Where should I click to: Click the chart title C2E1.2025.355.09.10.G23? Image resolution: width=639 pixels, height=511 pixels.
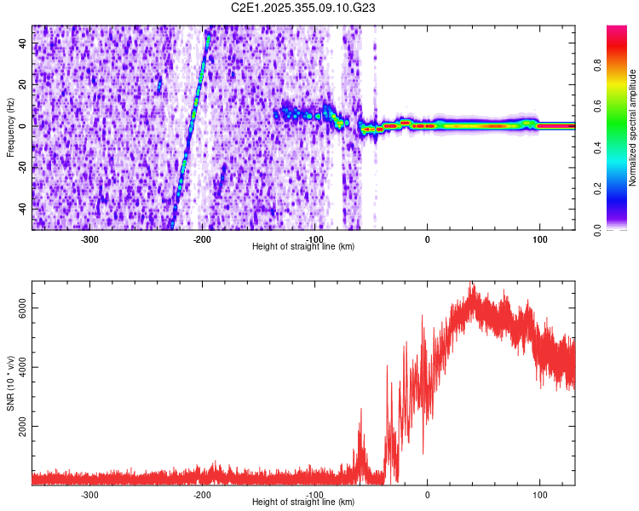tap(304, 8)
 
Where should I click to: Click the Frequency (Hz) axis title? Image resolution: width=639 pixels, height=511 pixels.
tap(10, 127)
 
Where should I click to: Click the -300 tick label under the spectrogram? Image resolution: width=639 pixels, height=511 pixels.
tap(90, 239)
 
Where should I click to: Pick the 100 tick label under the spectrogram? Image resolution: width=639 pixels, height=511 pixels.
tap(539, 239)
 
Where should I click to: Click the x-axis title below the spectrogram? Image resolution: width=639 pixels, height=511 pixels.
tap(303, 247)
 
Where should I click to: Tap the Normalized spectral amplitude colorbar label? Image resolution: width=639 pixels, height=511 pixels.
tap(632, 127)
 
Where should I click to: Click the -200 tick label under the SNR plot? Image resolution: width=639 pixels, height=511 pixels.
tap(202, 495)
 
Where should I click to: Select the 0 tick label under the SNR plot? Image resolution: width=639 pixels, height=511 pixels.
tap(428, 495)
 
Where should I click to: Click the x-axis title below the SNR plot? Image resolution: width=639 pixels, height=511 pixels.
tap(303, 502)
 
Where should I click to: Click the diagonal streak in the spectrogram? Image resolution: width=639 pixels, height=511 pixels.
tap(190, 128)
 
